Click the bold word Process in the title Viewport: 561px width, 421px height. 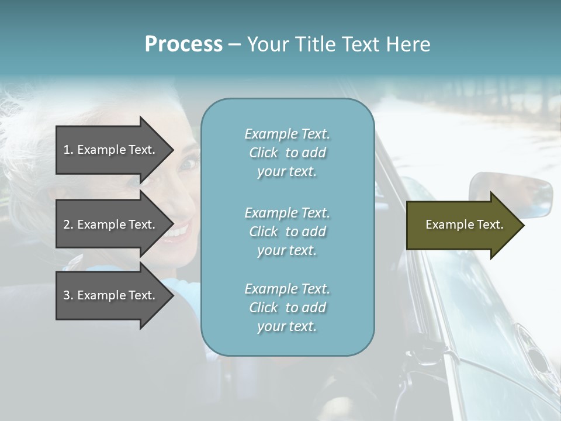183,44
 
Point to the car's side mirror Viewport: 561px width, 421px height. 511,193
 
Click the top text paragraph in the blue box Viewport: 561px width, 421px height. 287,153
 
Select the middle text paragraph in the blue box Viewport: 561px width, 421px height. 287,232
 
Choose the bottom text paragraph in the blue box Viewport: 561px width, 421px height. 287,308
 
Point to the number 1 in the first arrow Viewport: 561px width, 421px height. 67,150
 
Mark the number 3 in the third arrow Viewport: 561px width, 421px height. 67,295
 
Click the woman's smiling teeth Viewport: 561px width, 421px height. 175,232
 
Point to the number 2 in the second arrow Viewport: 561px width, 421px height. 67,225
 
